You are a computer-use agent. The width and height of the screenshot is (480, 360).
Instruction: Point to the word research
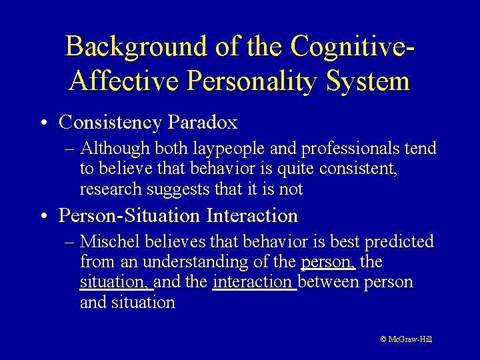[x=111, y=189]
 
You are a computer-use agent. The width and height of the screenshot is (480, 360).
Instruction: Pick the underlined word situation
[x=115, y=282]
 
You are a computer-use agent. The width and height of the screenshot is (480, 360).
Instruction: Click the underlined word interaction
[x=253, y=282]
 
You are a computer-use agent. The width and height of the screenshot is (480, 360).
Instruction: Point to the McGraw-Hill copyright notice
[x=406, y=339]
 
